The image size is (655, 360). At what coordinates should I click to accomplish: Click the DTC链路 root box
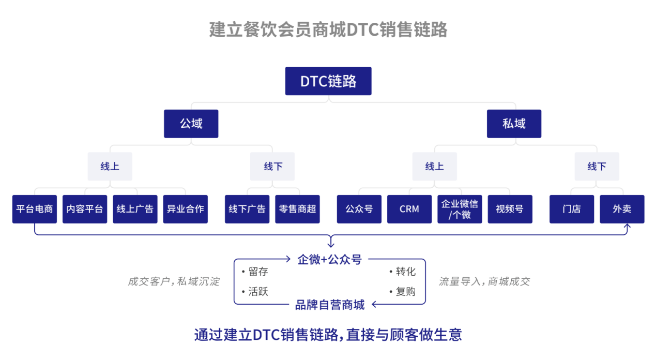click(x=328, y=81)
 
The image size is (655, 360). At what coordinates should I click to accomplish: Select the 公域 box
click(x=191, y=124)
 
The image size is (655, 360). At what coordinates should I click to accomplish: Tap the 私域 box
click(x=514, y=124)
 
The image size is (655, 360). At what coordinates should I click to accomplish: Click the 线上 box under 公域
click(x=110, y=167)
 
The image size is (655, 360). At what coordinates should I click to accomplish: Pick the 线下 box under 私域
click(x=597, y=167)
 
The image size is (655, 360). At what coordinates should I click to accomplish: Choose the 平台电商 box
click(x=35, y=209)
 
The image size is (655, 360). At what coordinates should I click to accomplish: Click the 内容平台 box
click(x=85, y=209)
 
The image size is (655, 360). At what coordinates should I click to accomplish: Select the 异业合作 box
click(x=185, y=209)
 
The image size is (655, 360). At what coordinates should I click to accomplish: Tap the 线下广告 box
click(x=247, y=209)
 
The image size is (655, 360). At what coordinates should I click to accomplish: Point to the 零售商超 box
click(x=297, y=209)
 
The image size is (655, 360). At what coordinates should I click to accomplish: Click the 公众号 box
click(x=359, y=209)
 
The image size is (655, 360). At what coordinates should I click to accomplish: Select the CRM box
click(x=409, y=209)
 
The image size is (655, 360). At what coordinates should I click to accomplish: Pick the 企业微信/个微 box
click(x=460, y=209)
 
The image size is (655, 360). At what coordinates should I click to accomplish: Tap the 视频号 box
click(x=510, y=209)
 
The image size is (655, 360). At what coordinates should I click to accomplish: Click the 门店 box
click(x=571, y=209)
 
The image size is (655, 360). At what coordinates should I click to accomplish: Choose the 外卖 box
click(x=622, y=209)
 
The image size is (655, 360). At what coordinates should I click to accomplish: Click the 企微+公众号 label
click(x=329, y=260)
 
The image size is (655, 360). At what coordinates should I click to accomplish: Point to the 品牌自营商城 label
click(x=329, y=305)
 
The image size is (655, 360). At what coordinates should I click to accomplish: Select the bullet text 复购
click(x=405, y=292)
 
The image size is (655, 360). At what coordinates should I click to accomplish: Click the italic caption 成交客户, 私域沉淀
click(x=174, y=281)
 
